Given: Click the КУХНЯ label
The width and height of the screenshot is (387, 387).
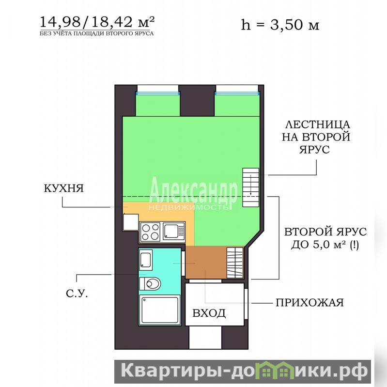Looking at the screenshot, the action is coord(63,188).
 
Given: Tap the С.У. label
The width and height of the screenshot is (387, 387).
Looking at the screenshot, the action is coord(77,294).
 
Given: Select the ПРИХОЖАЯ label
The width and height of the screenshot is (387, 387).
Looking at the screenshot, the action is coord(310,303).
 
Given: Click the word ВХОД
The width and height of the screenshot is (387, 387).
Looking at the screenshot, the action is coord(209,313).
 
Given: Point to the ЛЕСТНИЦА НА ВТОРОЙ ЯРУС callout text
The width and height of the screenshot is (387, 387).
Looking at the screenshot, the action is coord(316,137).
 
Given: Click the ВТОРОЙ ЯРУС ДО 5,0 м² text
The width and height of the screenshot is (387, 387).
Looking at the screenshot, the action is coord(325,238).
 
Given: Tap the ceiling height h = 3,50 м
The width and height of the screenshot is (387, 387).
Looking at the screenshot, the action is coord(280,25).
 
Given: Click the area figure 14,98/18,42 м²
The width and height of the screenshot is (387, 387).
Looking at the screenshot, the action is coord(97,22).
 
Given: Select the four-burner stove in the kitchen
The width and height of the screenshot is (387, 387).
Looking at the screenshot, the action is coord(150,232).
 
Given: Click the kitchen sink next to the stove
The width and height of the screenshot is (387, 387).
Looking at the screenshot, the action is coord(173,231).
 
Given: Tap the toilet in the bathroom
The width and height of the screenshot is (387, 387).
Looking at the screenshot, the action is coord(150,284).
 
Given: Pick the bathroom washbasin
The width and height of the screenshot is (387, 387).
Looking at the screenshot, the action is coord(146,260).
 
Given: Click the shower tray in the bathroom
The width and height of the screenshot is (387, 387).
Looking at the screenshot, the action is coord(160,310).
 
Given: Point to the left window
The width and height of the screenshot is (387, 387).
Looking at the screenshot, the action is coord(158,93).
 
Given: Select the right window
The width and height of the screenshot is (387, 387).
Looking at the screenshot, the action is coord(237,93).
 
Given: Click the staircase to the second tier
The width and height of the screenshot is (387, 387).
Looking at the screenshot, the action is coord(251,187).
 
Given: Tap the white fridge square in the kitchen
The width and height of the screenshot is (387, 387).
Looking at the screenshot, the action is coord(131,222).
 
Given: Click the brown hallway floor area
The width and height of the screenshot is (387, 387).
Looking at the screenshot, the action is coord(206,263).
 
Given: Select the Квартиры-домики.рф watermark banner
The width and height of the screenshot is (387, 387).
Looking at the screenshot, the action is coord(243,372).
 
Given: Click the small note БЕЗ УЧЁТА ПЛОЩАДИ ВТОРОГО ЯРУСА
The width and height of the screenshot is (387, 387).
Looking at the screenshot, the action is coord(96,33).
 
